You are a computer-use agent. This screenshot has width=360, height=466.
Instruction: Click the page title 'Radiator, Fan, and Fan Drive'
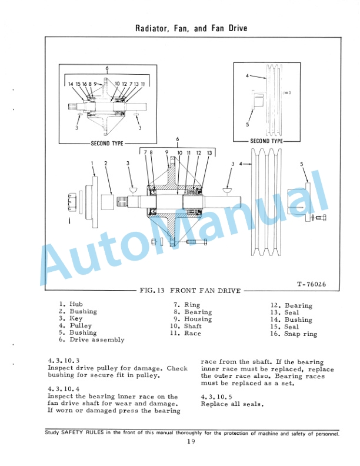[191, 28]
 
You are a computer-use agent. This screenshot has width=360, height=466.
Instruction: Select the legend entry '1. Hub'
[71, 304]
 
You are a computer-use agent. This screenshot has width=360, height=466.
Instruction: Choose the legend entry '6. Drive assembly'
[91, 339]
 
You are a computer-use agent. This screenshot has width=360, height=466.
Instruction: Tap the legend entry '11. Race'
[185, 333]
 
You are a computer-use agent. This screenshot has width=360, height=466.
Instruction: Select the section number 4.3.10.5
[217, 396]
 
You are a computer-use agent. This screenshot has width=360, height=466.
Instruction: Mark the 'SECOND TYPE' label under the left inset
[107, 143]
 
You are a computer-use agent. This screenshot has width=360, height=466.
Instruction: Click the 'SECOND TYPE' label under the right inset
[266, 141]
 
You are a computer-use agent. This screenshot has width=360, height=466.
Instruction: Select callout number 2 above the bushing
[105, 163]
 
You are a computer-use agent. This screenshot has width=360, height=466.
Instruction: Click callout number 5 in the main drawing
[301, 164]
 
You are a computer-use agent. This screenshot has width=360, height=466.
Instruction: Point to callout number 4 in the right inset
[247, 76]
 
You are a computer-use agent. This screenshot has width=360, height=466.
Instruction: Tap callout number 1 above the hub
[92, 163]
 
